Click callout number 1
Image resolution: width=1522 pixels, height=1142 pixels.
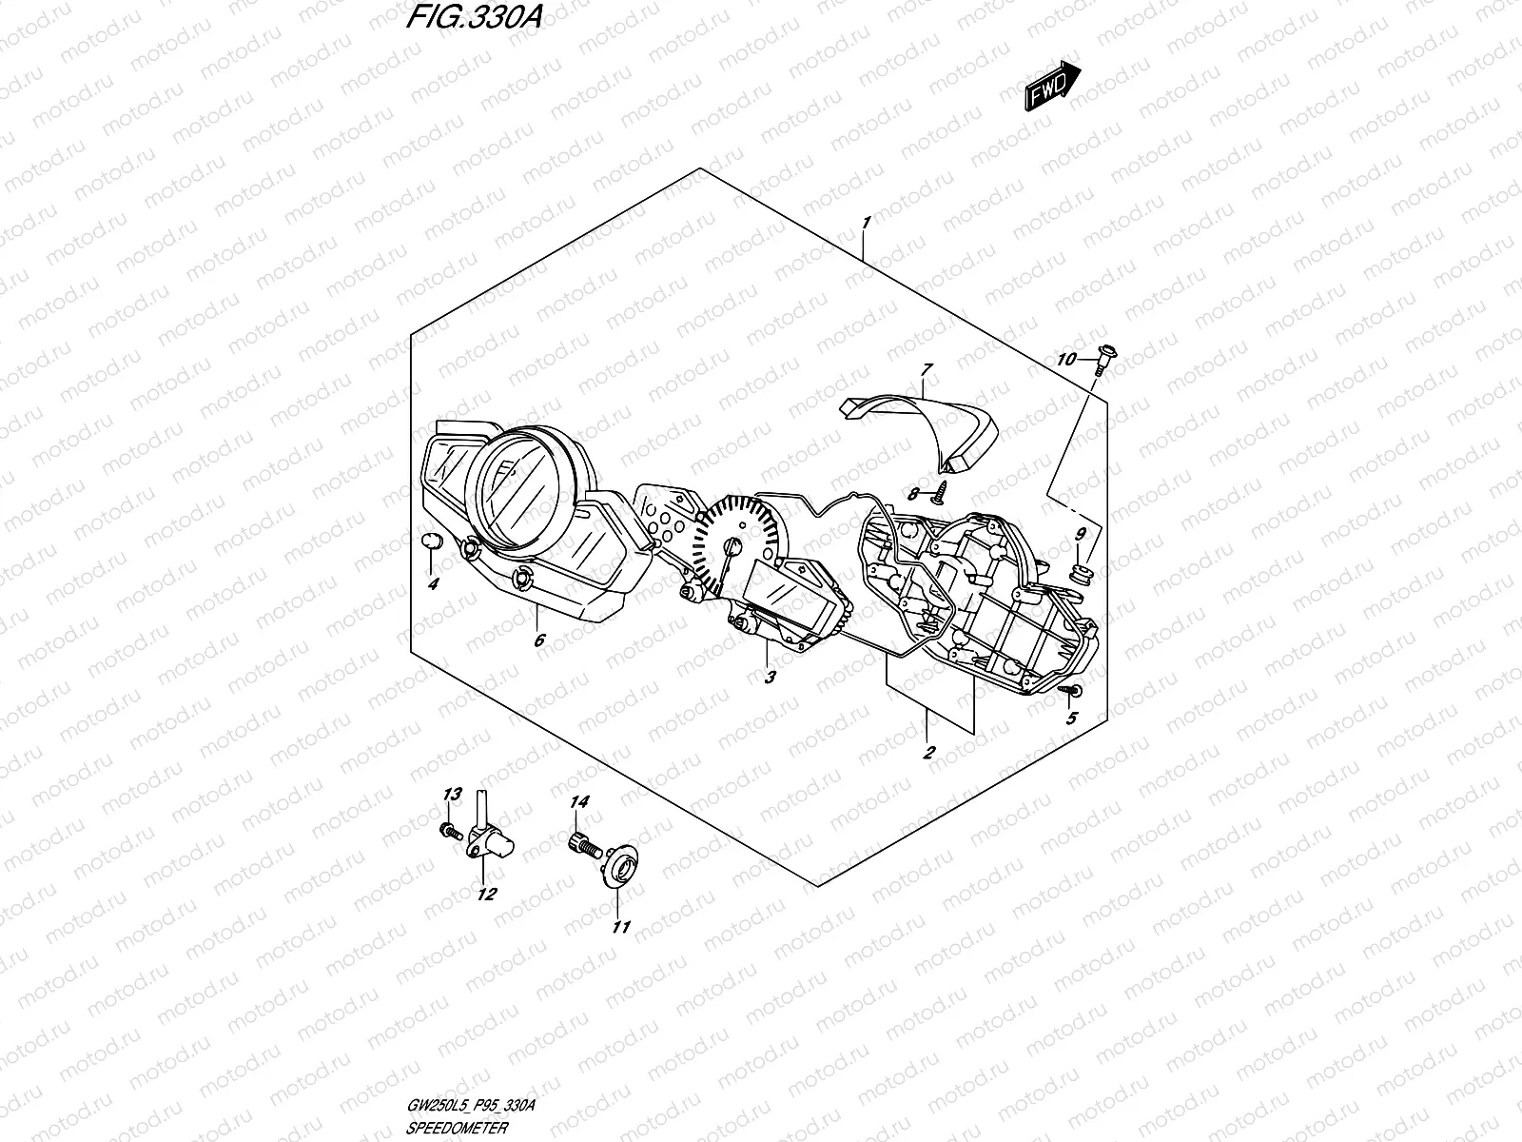click(865, 223)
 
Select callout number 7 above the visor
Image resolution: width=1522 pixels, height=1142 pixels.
click(927, 368)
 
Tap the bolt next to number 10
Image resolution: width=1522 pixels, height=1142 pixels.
click(1104, 358)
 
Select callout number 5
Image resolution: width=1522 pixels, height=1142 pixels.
click(1071, 719)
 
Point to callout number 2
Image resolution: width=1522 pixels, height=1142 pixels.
click(928, 752)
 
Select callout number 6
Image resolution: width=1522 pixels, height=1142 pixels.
click(539, 640)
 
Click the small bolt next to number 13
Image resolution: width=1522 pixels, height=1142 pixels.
click(446, 831)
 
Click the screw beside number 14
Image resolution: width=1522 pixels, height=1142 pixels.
click(582, 840)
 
